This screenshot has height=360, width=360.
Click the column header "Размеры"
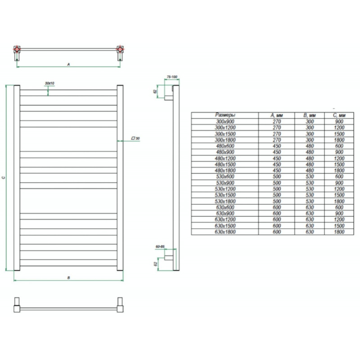[225, 115]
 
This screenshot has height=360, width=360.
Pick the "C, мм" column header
[339, 115]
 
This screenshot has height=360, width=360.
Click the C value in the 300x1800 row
[339, 140]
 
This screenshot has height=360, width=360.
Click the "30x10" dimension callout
[49, 84]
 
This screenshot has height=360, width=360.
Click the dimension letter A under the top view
[68, 65]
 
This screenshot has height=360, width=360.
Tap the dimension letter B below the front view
[68, 278]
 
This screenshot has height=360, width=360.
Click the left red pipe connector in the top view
[17, 49]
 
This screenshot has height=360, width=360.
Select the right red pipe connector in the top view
[120, 49]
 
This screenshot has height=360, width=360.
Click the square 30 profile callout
[135, 138]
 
